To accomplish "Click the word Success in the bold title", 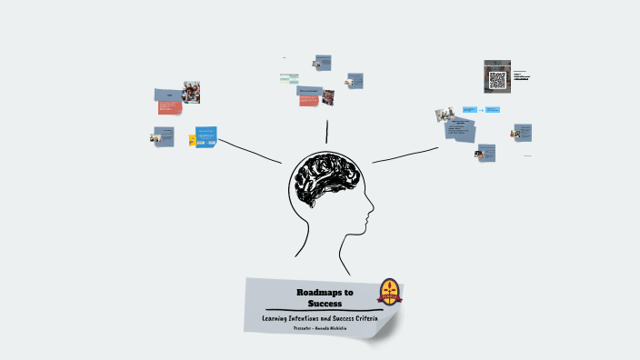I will point(324,303).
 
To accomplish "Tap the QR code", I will point(497,80).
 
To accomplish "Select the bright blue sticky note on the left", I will point(205,137).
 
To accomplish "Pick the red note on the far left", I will point(168,109).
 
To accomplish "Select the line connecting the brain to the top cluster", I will point(327,131).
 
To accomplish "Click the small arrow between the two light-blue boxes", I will point(480,109).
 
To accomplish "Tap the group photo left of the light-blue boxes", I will point(445,115).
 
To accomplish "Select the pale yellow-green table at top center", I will point(289,77).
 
